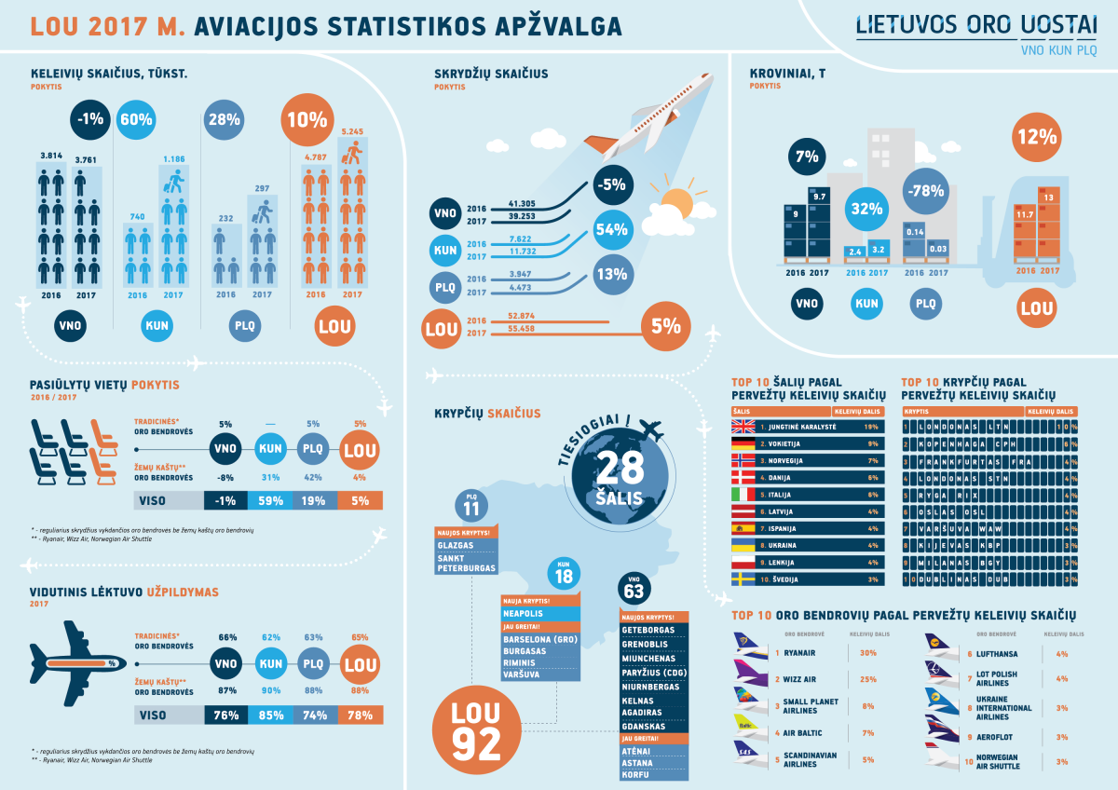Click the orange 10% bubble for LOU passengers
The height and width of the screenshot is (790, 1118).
[307, 119]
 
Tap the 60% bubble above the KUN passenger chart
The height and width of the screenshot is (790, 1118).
[136, 119]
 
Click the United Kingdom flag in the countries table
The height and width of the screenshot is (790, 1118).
[743, 426]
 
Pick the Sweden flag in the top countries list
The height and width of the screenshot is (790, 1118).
[743, 579]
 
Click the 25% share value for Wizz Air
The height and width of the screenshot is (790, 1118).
[868, 679]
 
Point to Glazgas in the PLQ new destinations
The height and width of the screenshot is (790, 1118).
[456, 545]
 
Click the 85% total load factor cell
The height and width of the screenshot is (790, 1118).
[271, 715]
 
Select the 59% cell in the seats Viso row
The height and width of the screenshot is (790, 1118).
[271, 500]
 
